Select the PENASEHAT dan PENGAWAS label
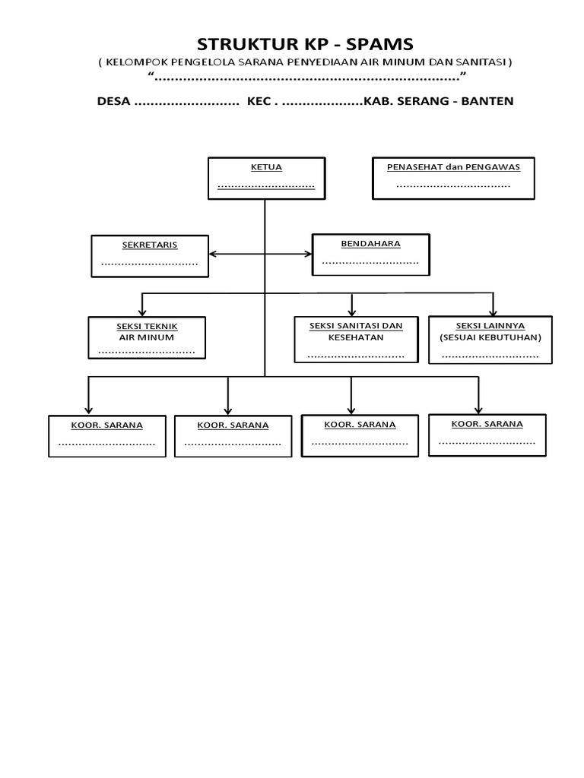[453, 166]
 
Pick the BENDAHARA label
[370, 244]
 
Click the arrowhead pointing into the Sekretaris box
[212, 255]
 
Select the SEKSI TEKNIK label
[147, 326]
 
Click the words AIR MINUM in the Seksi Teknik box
[147, 337]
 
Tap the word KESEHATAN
[355, 337]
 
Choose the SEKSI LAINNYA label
[490, 325]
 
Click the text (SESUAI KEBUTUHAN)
[490, 337]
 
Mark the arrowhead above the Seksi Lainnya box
[494, 312]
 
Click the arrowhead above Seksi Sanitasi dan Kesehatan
[351, 312]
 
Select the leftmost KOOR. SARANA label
[107, 425]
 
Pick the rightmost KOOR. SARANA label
[487, 423]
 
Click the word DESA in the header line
[114, 101]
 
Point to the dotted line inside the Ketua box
[266, 185]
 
